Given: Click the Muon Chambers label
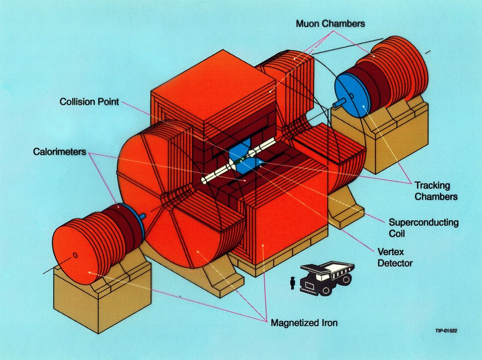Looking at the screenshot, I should pyautogui.click(x=330, y=23).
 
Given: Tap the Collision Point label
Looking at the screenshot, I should pyautogui.click(x=89, y=102).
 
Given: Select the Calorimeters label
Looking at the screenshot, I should pyautogui.click(x=60, y=151).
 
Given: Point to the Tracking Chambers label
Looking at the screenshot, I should pyautogui.click(x=436, y=191).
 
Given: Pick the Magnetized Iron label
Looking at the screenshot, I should pyautogui.click(x=304, y=323).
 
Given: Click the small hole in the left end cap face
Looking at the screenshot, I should pyautogui.click(x=75, y=255).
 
